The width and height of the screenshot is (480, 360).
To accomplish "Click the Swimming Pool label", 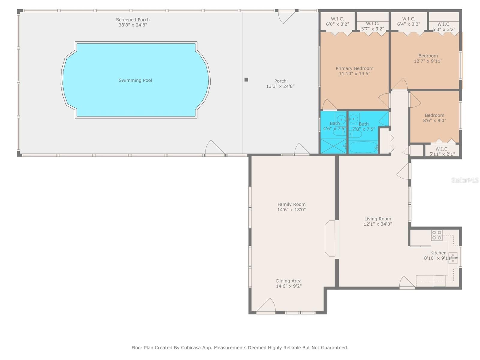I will pyautogui.click(x=135, y=80).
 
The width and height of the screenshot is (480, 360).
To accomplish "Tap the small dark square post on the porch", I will pyautogui.click(x=246, y=79).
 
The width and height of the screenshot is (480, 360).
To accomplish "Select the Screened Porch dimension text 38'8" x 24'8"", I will pyautogui.click(x=133, y=25).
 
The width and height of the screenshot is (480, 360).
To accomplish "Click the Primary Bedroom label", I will pyautogui.click(x=354, y=68).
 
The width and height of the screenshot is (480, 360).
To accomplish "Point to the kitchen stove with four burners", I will pyautogui.click(x=436, y=235).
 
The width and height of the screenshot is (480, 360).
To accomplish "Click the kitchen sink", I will pyautogui.click(x=453, y=258).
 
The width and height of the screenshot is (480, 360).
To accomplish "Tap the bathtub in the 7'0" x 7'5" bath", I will pyautogui.click(x=363, y=147).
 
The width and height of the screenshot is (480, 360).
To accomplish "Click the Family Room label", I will pyautogui.click(x=291, y=204).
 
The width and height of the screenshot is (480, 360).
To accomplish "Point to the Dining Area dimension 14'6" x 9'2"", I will pyautogui.click(x=289, y=286).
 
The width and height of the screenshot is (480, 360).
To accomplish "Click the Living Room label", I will pyautogui.click(x=378, y=219).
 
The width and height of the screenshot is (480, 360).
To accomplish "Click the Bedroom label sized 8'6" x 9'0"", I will pyautogui.click(x=434, y=115).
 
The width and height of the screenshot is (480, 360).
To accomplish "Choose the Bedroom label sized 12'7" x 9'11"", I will pyautogui.click(x=428, y=56).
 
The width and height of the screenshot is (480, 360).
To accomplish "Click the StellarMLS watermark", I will pyautogui.click(x=465, y=180).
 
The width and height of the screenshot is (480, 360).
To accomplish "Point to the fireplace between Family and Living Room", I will pyautogui.click(x=330, y=238).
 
